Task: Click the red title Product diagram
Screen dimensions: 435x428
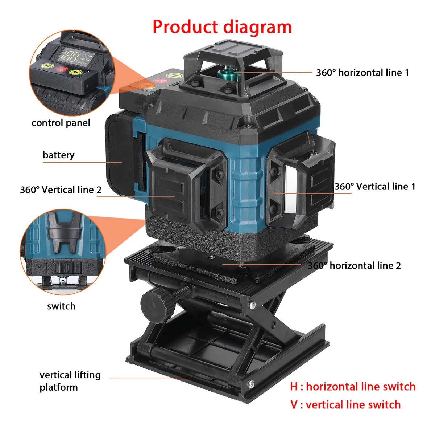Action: [222, 27]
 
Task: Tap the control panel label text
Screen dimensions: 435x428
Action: [61, 123]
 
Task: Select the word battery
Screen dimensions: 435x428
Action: [58, 155]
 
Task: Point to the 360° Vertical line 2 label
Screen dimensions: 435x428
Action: [61, 190]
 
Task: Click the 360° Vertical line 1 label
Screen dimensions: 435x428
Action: [375, 187]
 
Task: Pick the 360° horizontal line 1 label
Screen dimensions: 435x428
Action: [362, 73]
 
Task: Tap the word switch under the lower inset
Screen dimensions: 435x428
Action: [61, 306]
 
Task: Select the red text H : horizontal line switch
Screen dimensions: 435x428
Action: [353, 387]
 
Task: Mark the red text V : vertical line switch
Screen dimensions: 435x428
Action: [345, 405]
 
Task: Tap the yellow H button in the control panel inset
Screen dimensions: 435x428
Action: [47, 66]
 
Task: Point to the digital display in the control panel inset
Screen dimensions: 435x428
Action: [72, 56]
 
